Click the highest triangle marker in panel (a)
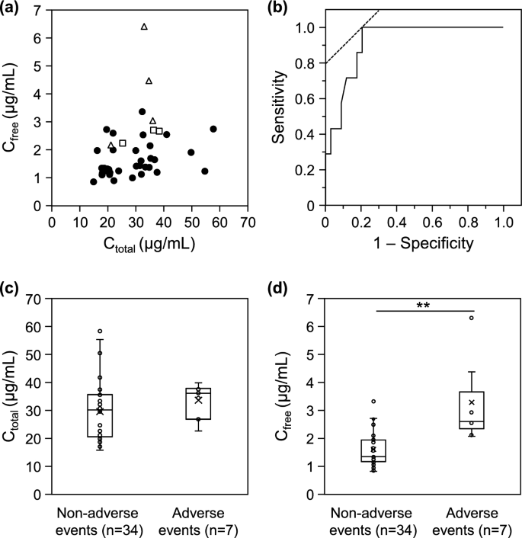(144, 27)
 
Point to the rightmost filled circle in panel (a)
(213, 129)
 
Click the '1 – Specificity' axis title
(414, 244)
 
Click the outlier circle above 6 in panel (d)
(472, 318)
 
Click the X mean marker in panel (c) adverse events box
(199, 399)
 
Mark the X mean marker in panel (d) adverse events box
(472, 402)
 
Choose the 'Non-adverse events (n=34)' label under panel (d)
(372, 518)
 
